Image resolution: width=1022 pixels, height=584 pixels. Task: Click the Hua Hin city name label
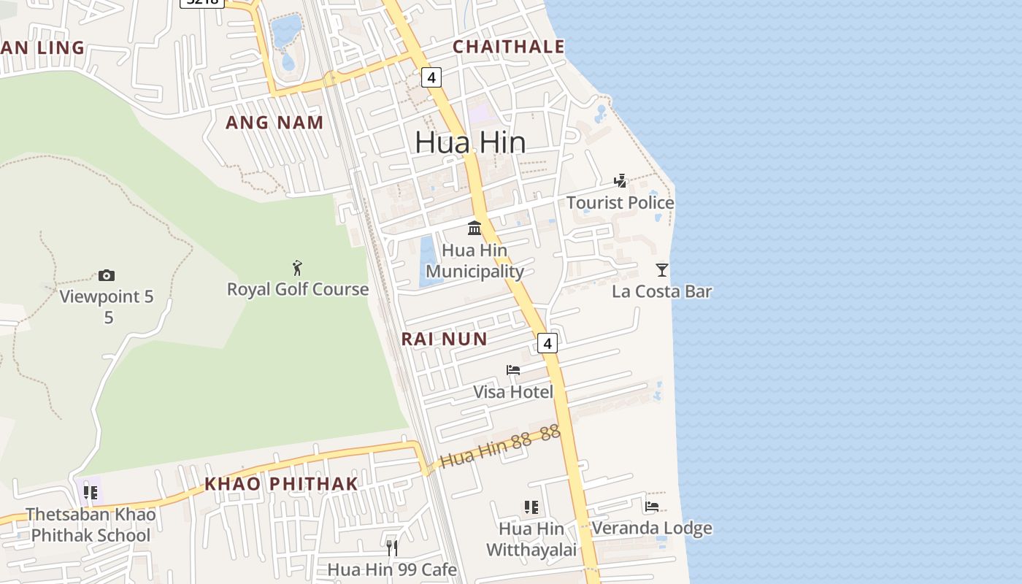[470, 142]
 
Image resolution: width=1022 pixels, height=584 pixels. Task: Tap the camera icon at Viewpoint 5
[107, 275]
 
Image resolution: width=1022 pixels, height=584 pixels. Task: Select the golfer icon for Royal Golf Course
[297, 267]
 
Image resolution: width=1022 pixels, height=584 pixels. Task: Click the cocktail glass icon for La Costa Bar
[661, 270]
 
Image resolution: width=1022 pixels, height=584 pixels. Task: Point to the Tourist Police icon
[620, 181]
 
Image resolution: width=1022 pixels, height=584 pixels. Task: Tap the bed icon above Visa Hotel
[513, 370]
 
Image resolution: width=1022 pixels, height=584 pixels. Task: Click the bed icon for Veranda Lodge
[652, 506]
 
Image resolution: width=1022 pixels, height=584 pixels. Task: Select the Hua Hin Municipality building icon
[474, 228]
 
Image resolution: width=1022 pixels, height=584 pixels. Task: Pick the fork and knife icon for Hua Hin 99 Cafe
[392, 547]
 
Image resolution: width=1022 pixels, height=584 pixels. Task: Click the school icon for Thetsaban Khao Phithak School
[91, 492]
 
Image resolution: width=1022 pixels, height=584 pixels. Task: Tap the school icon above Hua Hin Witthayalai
[531, 507]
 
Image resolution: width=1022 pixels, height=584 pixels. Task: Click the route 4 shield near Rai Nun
[547, 343]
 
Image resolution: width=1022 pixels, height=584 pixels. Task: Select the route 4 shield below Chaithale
[431, 77]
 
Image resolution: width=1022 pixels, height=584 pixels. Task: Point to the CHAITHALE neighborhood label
[509, 47]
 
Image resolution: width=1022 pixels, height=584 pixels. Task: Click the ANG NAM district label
[274, 123]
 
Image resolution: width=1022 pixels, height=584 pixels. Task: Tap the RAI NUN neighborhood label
[444, 339]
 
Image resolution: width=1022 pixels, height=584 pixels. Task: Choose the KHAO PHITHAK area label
[281, 483]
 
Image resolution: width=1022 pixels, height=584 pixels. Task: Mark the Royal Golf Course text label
[298, 289]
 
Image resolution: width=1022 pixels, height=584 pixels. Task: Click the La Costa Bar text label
[661, 291]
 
